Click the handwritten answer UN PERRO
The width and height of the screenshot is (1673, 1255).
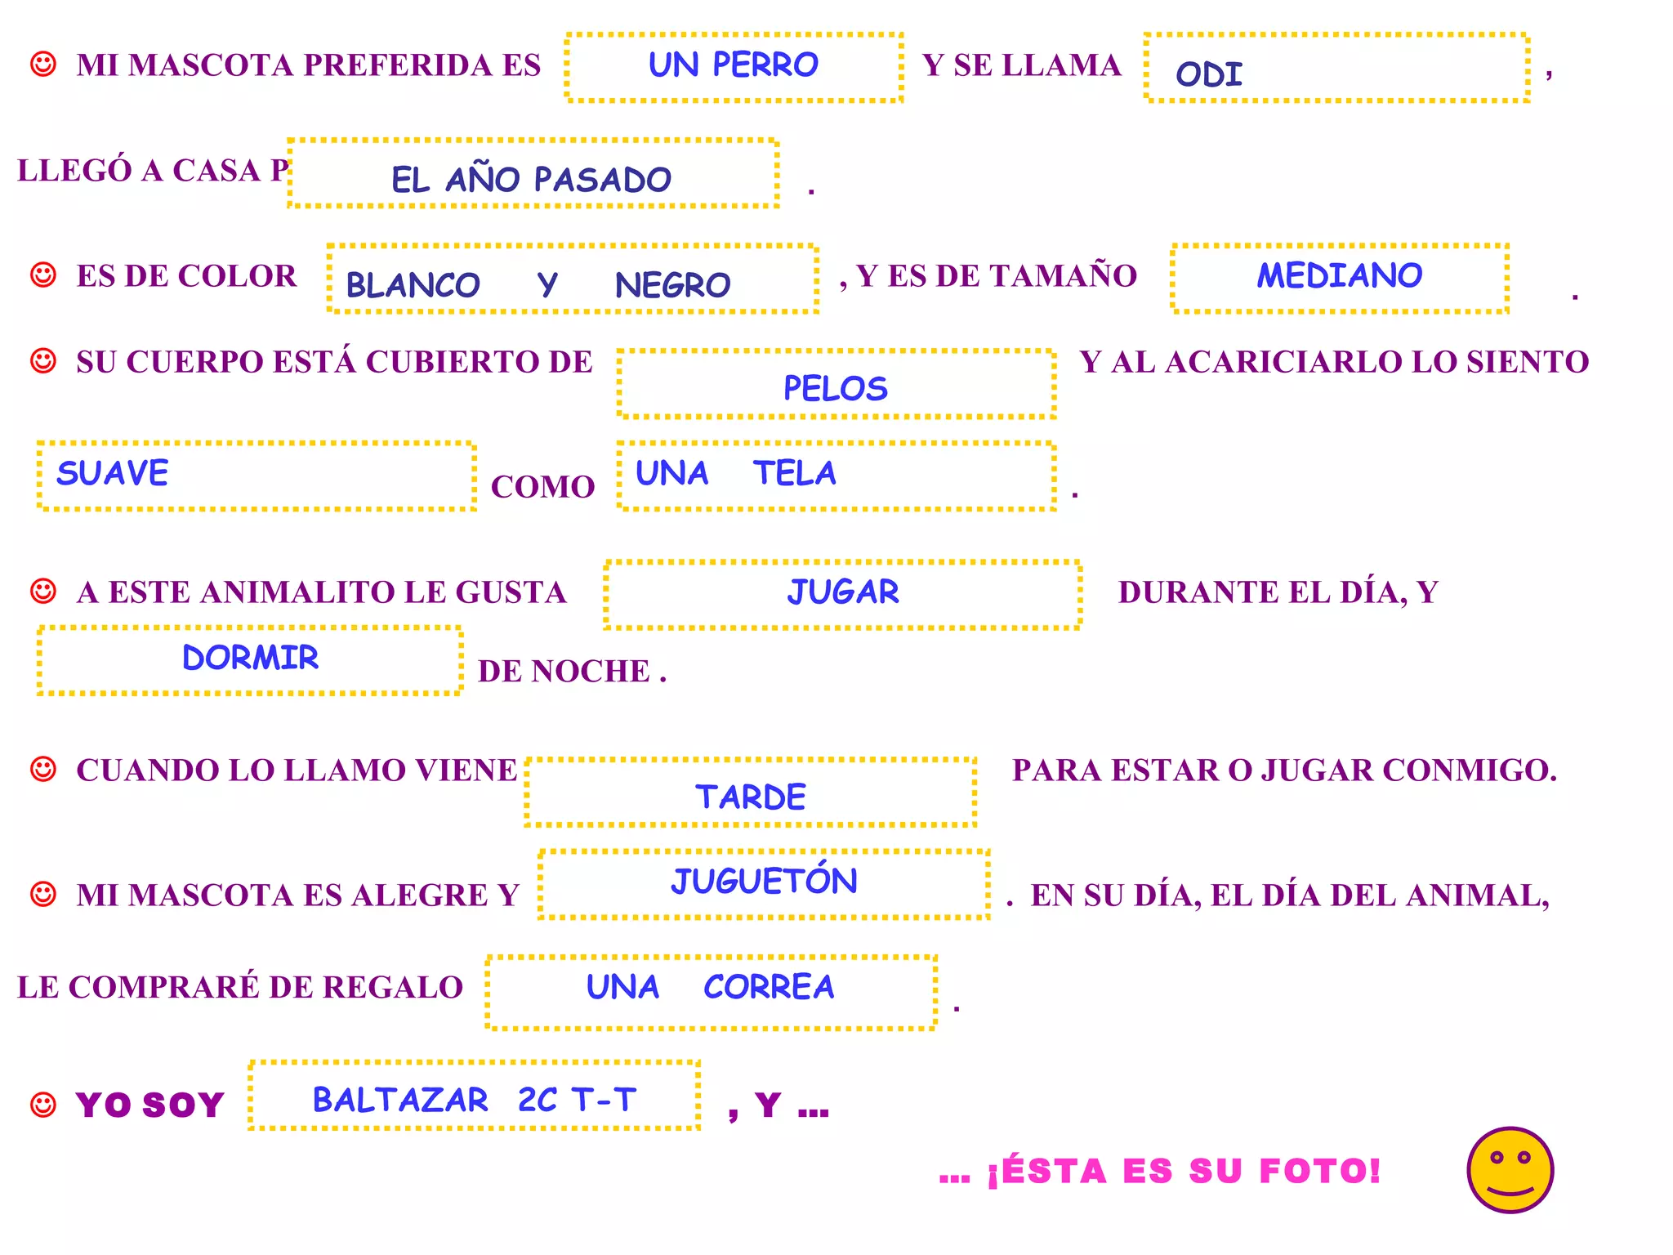pos(733,65)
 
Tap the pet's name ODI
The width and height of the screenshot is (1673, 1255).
pos(1209,75)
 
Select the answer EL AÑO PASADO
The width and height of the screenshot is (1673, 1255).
pos(531,179)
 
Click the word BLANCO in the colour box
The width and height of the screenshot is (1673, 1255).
pos(413,285)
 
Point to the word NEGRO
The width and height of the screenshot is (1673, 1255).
pos(672,285)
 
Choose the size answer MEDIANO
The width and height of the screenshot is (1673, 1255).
pos(1340,275)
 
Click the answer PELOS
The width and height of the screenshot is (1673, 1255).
pos(835,388)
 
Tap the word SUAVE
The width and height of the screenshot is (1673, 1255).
pos(113,473)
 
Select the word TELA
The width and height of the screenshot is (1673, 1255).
pos(795,473)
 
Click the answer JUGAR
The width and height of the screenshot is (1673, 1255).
pos(843,592)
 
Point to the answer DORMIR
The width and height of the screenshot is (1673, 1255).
pos(250,658)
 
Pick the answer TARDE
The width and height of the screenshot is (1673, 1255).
pos(751,797)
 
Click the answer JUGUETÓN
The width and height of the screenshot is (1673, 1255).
pos(765,881)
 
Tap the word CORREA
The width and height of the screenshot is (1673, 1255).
pos(769,987)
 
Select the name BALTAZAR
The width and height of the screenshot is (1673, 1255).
pos(400,1100)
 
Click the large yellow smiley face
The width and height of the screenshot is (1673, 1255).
pos(1510,1169)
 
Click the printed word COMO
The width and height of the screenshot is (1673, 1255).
pos(542,487)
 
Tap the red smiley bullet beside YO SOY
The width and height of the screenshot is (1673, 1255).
pos(43,1105)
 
